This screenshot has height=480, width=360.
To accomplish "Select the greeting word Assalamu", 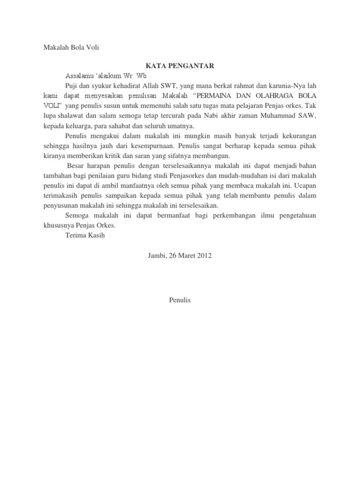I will point(81,75).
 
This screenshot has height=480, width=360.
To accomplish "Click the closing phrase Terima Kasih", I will point(86,236).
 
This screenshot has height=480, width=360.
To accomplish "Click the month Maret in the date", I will point(183,255).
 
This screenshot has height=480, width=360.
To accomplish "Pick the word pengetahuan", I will point(295,216).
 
